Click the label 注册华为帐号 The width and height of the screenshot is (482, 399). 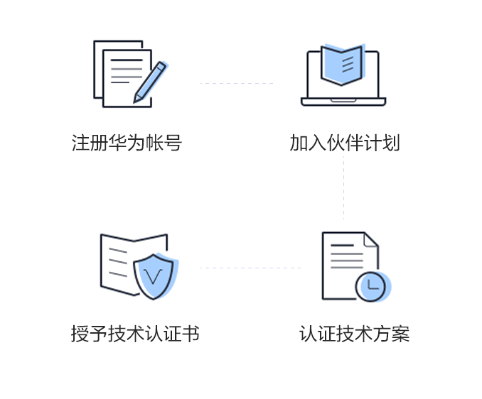pos(127,143)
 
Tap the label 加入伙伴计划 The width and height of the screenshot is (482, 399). pos(345,143)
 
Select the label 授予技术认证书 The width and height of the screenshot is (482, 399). pos(135,334)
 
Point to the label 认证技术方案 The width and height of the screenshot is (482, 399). pos(355,334)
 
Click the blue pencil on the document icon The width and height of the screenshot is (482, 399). pos(151,82)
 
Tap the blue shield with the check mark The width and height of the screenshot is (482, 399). pos(155,275)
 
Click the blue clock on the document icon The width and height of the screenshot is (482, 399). pos(373,287)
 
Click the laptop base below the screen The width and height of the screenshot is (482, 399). pos(343,102)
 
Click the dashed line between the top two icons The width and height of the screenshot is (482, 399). pos(237,83)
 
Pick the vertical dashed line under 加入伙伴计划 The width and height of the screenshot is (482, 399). pos(343,188)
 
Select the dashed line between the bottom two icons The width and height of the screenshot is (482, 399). pos(250,268)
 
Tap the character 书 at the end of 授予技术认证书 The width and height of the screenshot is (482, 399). pos(191,334)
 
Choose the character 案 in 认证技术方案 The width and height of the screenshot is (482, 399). pos(400,334)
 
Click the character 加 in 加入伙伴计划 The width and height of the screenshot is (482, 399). pos(299,143)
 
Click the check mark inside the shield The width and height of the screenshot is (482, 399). pos(153,277)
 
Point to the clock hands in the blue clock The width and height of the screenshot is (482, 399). pos(373,285)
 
